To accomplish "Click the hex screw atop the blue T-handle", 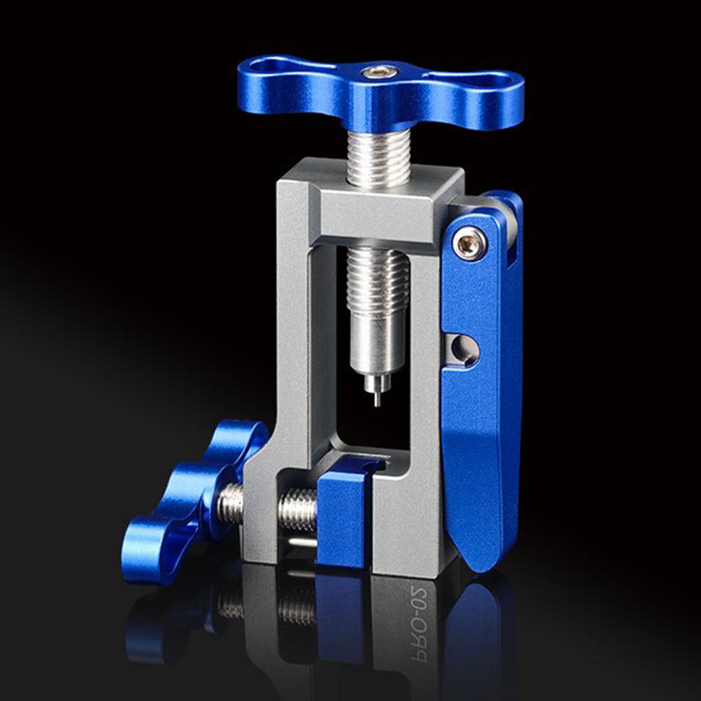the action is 381,71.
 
